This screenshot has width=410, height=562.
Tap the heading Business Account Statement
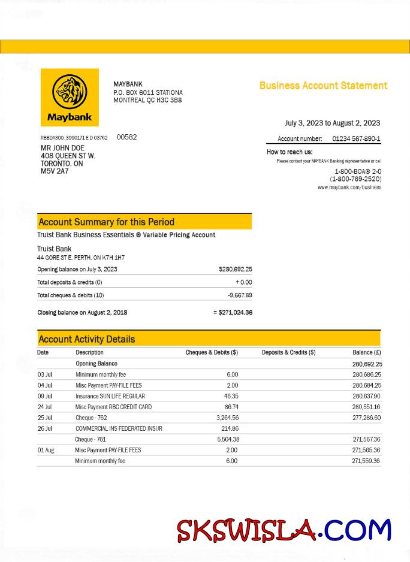click(323, 86)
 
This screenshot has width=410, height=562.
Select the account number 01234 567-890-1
click(356, 139)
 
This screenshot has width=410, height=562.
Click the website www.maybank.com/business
click(349, 188)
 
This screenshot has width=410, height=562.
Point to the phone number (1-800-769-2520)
click(355, 179)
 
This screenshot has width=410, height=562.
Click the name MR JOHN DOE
click(62, 148)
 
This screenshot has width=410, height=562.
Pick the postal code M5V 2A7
click(55, 171)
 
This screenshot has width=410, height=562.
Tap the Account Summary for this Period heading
click(107, 222)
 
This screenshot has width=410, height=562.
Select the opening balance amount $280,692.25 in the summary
click(235, 270)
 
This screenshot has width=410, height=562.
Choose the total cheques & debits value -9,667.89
click(240, 295)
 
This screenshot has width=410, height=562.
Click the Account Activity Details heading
click(87, 339)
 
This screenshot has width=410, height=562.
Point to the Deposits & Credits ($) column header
click(288, 352)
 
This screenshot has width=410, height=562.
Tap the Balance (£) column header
click(367, 352)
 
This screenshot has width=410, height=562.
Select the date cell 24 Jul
click(45, 407)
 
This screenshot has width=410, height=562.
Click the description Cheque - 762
click(91, 418)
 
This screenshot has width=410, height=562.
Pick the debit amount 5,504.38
click(227, 439)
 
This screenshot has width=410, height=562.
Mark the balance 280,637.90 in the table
click(366, 396)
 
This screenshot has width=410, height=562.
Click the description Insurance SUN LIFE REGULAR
click(110, 396)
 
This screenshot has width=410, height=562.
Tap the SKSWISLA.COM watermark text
click(284, 531)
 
